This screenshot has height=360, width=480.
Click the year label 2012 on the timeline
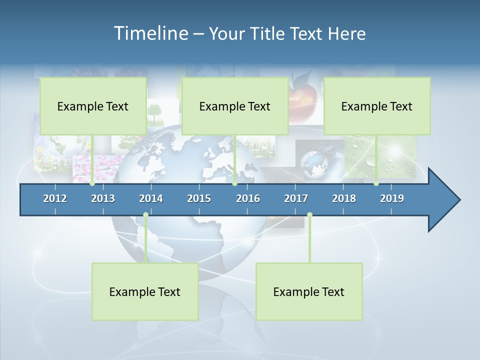click(55, 198)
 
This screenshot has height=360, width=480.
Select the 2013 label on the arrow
click(103, 198)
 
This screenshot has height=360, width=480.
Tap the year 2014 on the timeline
click(151, 198)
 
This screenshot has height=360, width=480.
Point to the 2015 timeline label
click(199, 198)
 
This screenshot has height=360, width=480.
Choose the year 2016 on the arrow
click(248, 198)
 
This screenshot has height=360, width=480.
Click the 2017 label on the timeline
click(296, 198)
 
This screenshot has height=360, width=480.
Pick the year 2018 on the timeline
click(344, 198)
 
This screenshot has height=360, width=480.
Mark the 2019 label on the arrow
click(392, 198)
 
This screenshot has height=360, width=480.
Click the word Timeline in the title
click(150, 33)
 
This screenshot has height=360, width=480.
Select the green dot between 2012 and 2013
click(92, 183)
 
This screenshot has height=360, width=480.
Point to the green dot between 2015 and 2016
click(235, 183)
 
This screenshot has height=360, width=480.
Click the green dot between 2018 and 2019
click(376, 183)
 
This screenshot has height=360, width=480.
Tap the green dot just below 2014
click(145, 215)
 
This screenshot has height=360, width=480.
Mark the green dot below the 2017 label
click(309, 215)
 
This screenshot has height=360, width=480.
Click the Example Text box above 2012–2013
click(93, 106)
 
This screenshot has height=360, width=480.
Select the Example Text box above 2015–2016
click(235, 106)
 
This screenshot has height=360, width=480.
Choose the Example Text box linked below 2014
click(145, 291)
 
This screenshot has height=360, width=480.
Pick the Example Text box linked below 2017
click(309, 291)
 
